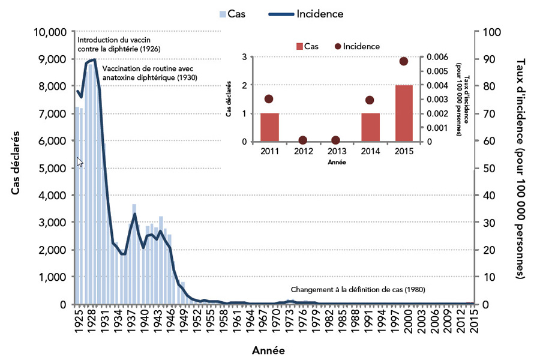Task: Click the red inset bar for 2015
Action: coord(404,113)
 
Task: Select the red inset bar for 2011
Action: coord(269,127)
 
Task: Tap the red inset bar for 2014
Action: coord(370,127)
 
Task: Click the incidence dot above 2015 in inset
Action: coord(404,61)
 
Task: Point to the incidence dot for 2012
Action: coord(303,140)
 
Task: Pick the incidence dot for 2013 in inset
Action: coord(337,140)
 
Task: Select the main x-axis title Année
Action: coord(268,350)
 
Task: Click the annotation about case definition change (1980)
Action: coord(358,289)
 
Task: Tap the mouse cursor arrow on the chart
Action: coord(80,161)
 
